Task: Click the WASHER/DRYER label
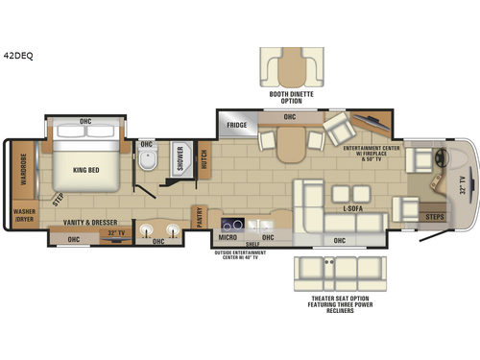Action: pyautogui.click(x=23, y=217)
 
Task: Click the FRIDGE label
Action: pyautogui.click(x=237, y=126)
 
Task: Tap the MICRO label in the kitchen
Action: pyautogui.click(x=229, y=236)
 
